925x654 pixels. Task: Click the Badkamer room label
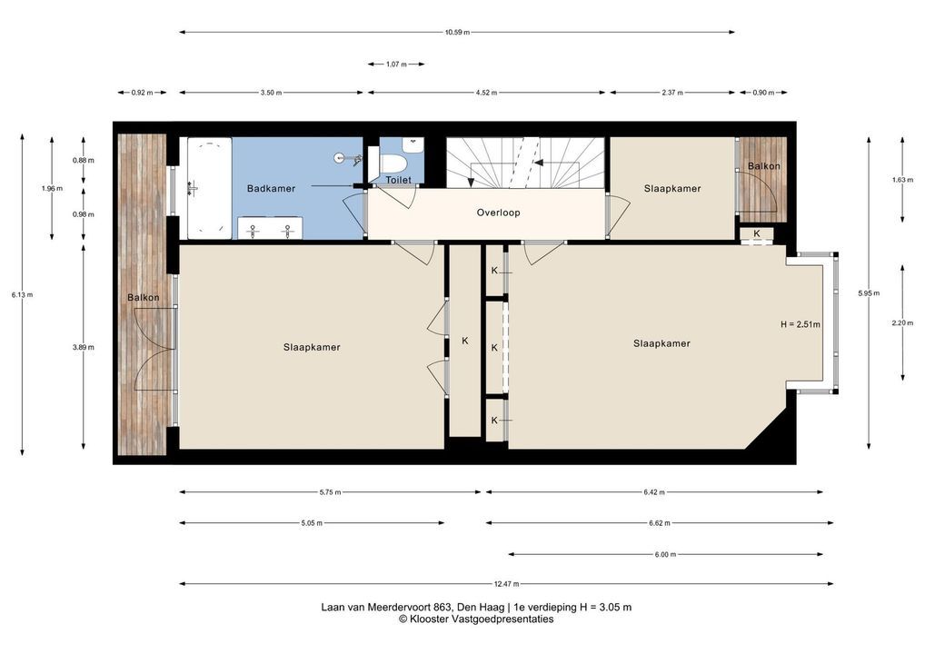coord(271,189)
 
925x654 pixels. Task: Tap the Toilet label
coord(398,180)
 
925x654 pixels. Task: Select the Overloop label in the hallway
coord(499,213)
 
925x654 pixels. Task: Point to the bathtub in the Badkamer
coord(209,188)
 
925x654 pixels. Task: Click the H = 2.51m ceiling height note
coord(801,324)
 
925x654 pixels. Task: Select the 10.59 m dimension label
coord(457,33)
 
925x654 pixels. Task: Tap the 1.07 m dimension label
coord(396,64)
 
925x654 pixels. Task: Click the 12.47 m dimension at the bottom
coord(507,584)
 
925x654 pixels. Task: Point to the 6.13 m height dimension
coord(22,295)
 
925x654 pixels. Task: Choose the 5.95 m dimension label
coord(869,293)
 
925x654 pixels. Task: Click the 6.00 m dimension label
coord(665,554)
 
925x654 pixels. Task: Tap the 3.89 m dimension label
coord(84,347)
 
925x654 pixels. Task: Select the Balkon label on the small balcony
coord(763,166)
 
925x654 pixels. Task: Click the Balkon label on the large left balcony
coord(144,298)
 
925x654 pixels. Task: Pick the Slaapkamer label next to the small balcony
coord(672,189)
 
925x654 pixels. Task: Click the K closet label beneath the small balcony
coord(757,233)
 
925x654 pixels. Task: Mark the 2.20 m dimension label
coord(902,323)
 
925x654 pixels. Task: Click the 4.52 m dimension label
coord(487,93)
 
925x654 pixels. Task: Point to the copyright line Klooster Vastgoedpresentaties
coord(476,619)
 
